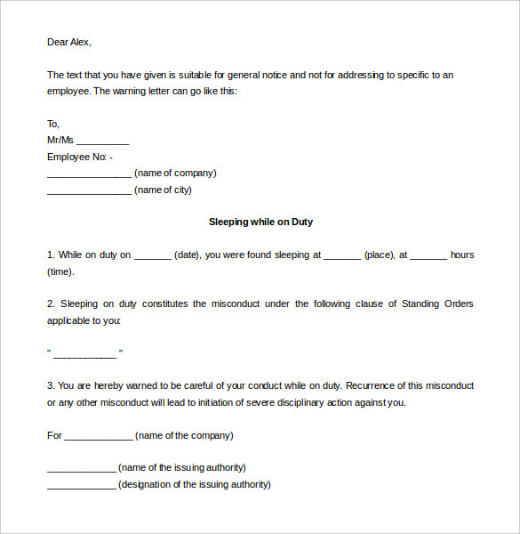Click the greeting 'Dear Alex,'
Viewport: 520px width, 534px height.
69,42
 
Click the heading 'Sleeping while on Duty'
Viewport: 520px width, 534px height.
260,222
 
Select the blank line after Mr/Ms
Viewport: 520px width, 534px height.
103,141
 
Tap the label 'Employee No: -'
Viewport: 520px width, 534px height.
80,157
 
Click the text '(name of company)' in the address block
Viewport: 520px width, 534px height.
175,173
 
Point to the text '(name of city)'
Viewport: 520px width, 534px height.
163,190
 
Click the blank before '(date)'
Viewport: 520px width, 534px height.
152,255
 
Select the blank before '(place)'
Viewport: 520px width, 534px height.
342,255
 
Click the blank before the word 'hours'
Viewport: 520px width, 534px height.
428,255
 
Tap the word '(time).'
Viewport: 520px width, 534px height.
61,271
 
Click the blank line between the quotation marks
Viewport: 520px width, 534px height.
84,353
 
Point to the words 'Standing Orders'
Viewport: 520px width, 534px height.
437,303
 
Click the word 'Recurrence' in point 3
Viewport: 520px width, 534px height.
369,385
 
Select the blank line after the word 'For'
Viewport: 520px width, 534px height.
98,436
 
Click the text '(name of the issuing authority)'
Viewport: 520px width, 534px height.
182,467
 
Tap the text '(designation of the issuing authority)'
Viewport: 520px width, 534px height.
195,484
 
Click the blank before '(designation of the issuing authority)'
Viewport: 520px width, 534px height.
81,485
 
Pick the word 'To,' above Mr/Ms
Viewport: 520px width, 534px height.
53,124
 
